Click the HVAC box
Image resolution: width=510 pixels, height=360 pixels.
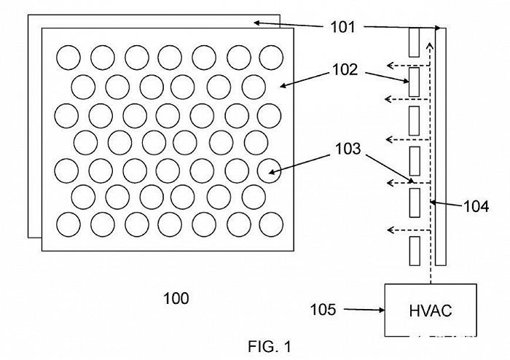coord(430,310)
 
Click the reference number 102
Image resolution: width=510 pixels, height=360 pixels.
coord(344,70)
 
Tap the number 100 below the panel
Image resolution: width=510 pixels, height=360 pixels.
coord(176,298)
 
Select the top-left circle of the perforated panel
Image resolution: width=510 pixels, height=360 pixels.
coord(68,56)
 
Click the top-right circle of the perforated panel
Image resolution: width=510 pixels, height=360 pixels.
coord(270,56)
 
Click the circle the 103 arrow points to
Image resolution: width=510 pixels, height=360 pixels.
coord(270,169)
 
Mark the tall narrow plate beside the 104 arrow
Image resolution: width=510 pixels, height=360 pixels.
coord(440,146)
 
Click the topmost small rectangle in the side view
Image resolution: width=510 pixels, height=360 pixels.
coord(415,42)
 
